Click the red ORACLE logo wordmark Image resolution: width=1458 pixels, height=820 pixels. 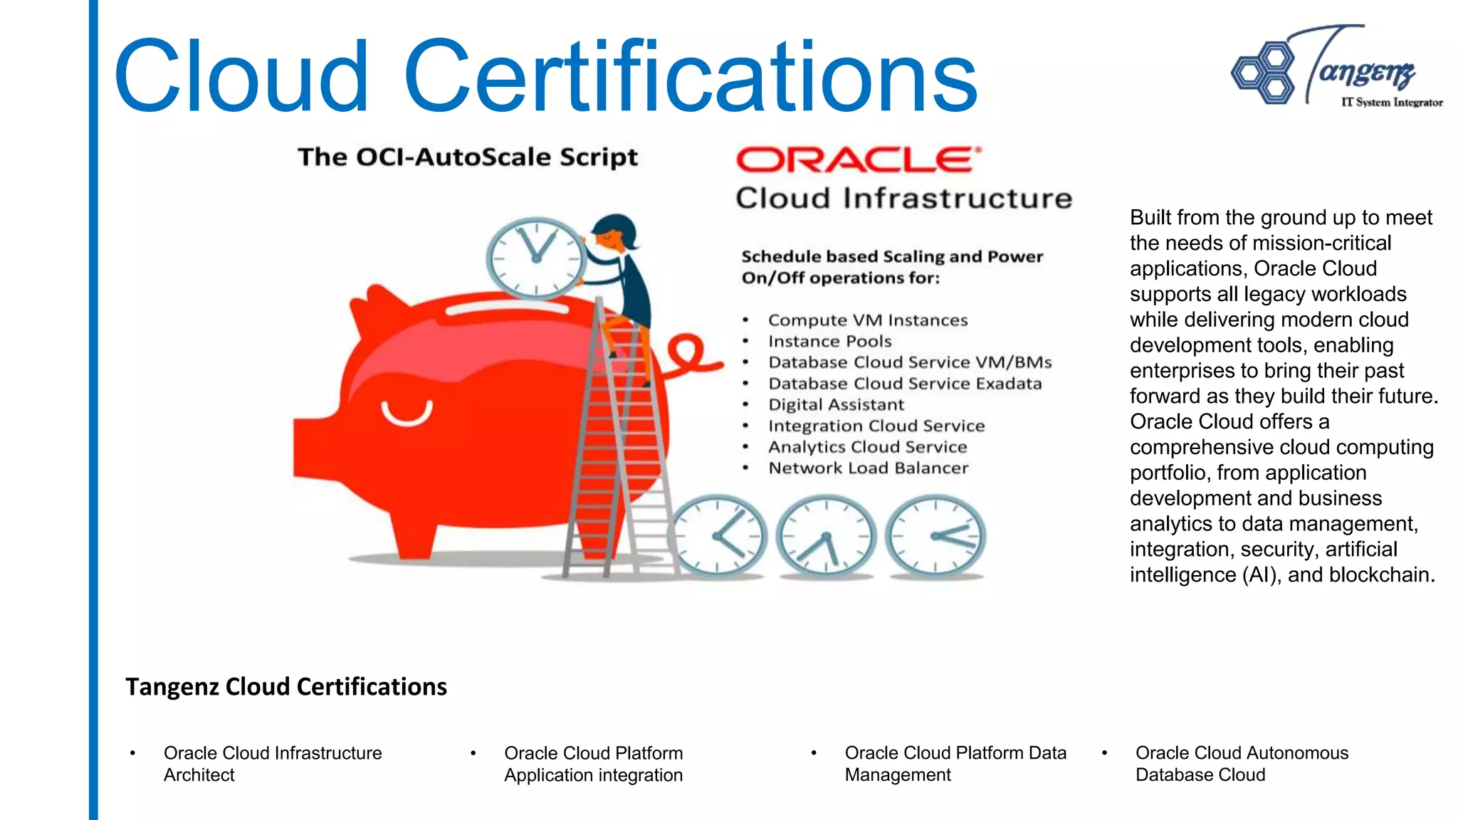pos(857,160)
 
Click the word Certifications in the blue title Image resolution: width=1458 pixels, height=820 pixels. pos(691,77)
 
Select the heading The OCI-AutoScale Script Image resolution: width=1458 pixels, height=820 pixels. pos(468,157)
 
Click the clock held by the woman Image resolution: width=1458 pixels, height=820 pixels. pos(535,257)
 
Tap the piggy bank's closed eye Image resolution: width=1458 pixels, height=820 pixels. pos(407,413)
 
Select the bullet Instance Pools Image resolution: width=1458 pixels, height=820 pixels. pos(829,342)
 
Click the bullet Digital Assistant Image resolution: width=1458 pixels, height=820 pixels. pos(836,405)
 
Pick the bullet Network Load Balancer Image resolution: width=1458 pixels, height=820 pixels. pos(868,468)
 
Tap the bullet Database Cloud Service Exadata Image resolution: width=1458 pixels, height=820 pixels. pos(904,384)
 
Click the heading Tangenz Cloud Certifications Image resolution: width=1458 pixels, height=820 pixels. pos(286,687)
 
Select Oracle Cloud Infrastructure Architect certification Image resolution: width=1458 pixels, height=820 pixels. pos(273,764)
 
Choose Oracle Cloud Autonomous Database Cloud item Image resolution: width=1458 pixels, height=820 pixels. pos(1241,764)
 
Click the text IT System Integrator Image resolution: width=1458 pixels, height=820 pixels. pos(1392,102)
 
